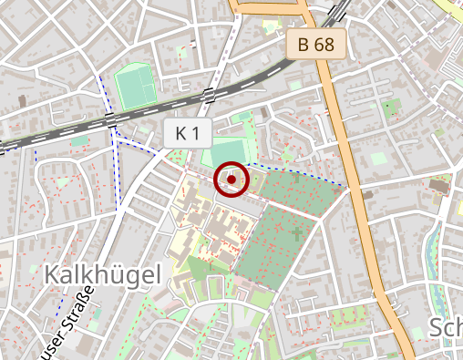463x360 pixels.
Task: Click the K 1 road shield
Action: pyautogui.click(x=187, y=133)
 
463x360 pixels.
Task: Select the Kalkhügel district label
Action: pyautogui.click(x=101, y=273)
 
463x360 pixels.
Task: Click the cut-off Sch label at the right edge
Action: pyautogui.click(x=446, y=329)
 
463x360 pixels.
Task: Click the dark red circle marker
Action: pyautogui.click(x=231, y=180)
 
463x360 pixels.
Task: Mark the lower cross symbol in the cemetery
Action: pyautogui.click(x=296, y=234)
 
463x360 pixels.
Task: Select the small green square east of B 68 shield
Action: pyautogui.click(x=392, y=107)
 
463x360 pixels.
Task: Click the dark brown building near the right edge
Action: pyautogui.click(x=440, y=187)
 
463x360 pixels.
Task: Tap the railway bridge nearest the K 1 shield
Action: pyautogui.click(x=210, y=93)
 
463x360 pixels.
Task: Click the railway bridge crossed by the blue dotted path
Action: pyautogui.click(x=110, y=119)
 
